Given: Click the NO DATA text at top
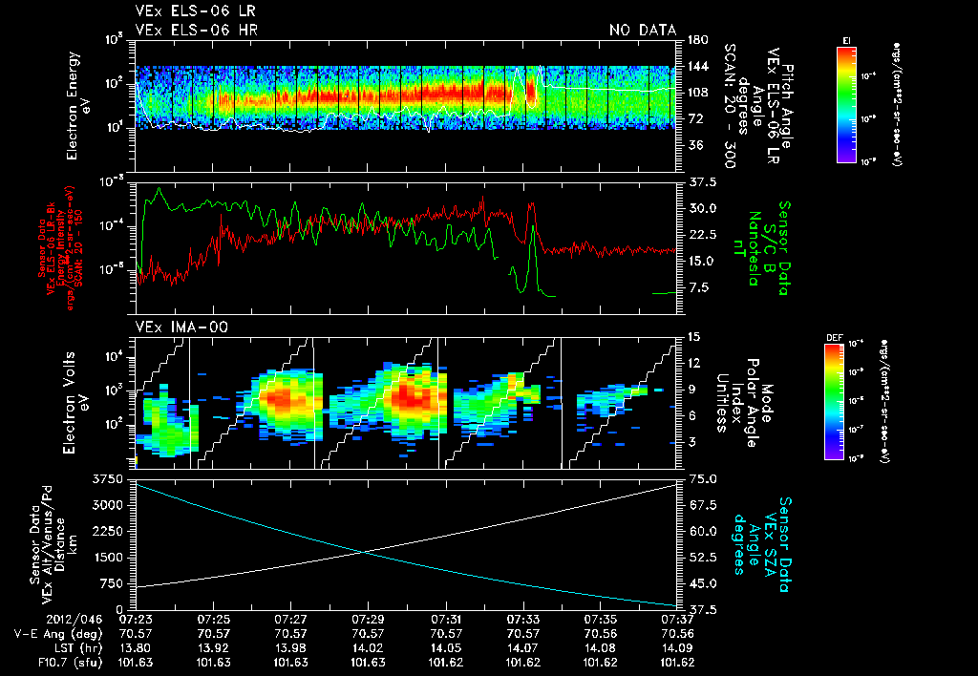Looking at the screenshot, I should click(642, 30).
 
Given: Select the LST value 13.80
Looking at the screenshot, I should click(137, 646).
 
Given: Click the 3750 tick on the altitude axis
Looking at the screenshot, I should click(110, 477).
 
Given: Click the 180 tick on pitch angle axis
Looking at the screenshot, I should click(697, 40).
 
